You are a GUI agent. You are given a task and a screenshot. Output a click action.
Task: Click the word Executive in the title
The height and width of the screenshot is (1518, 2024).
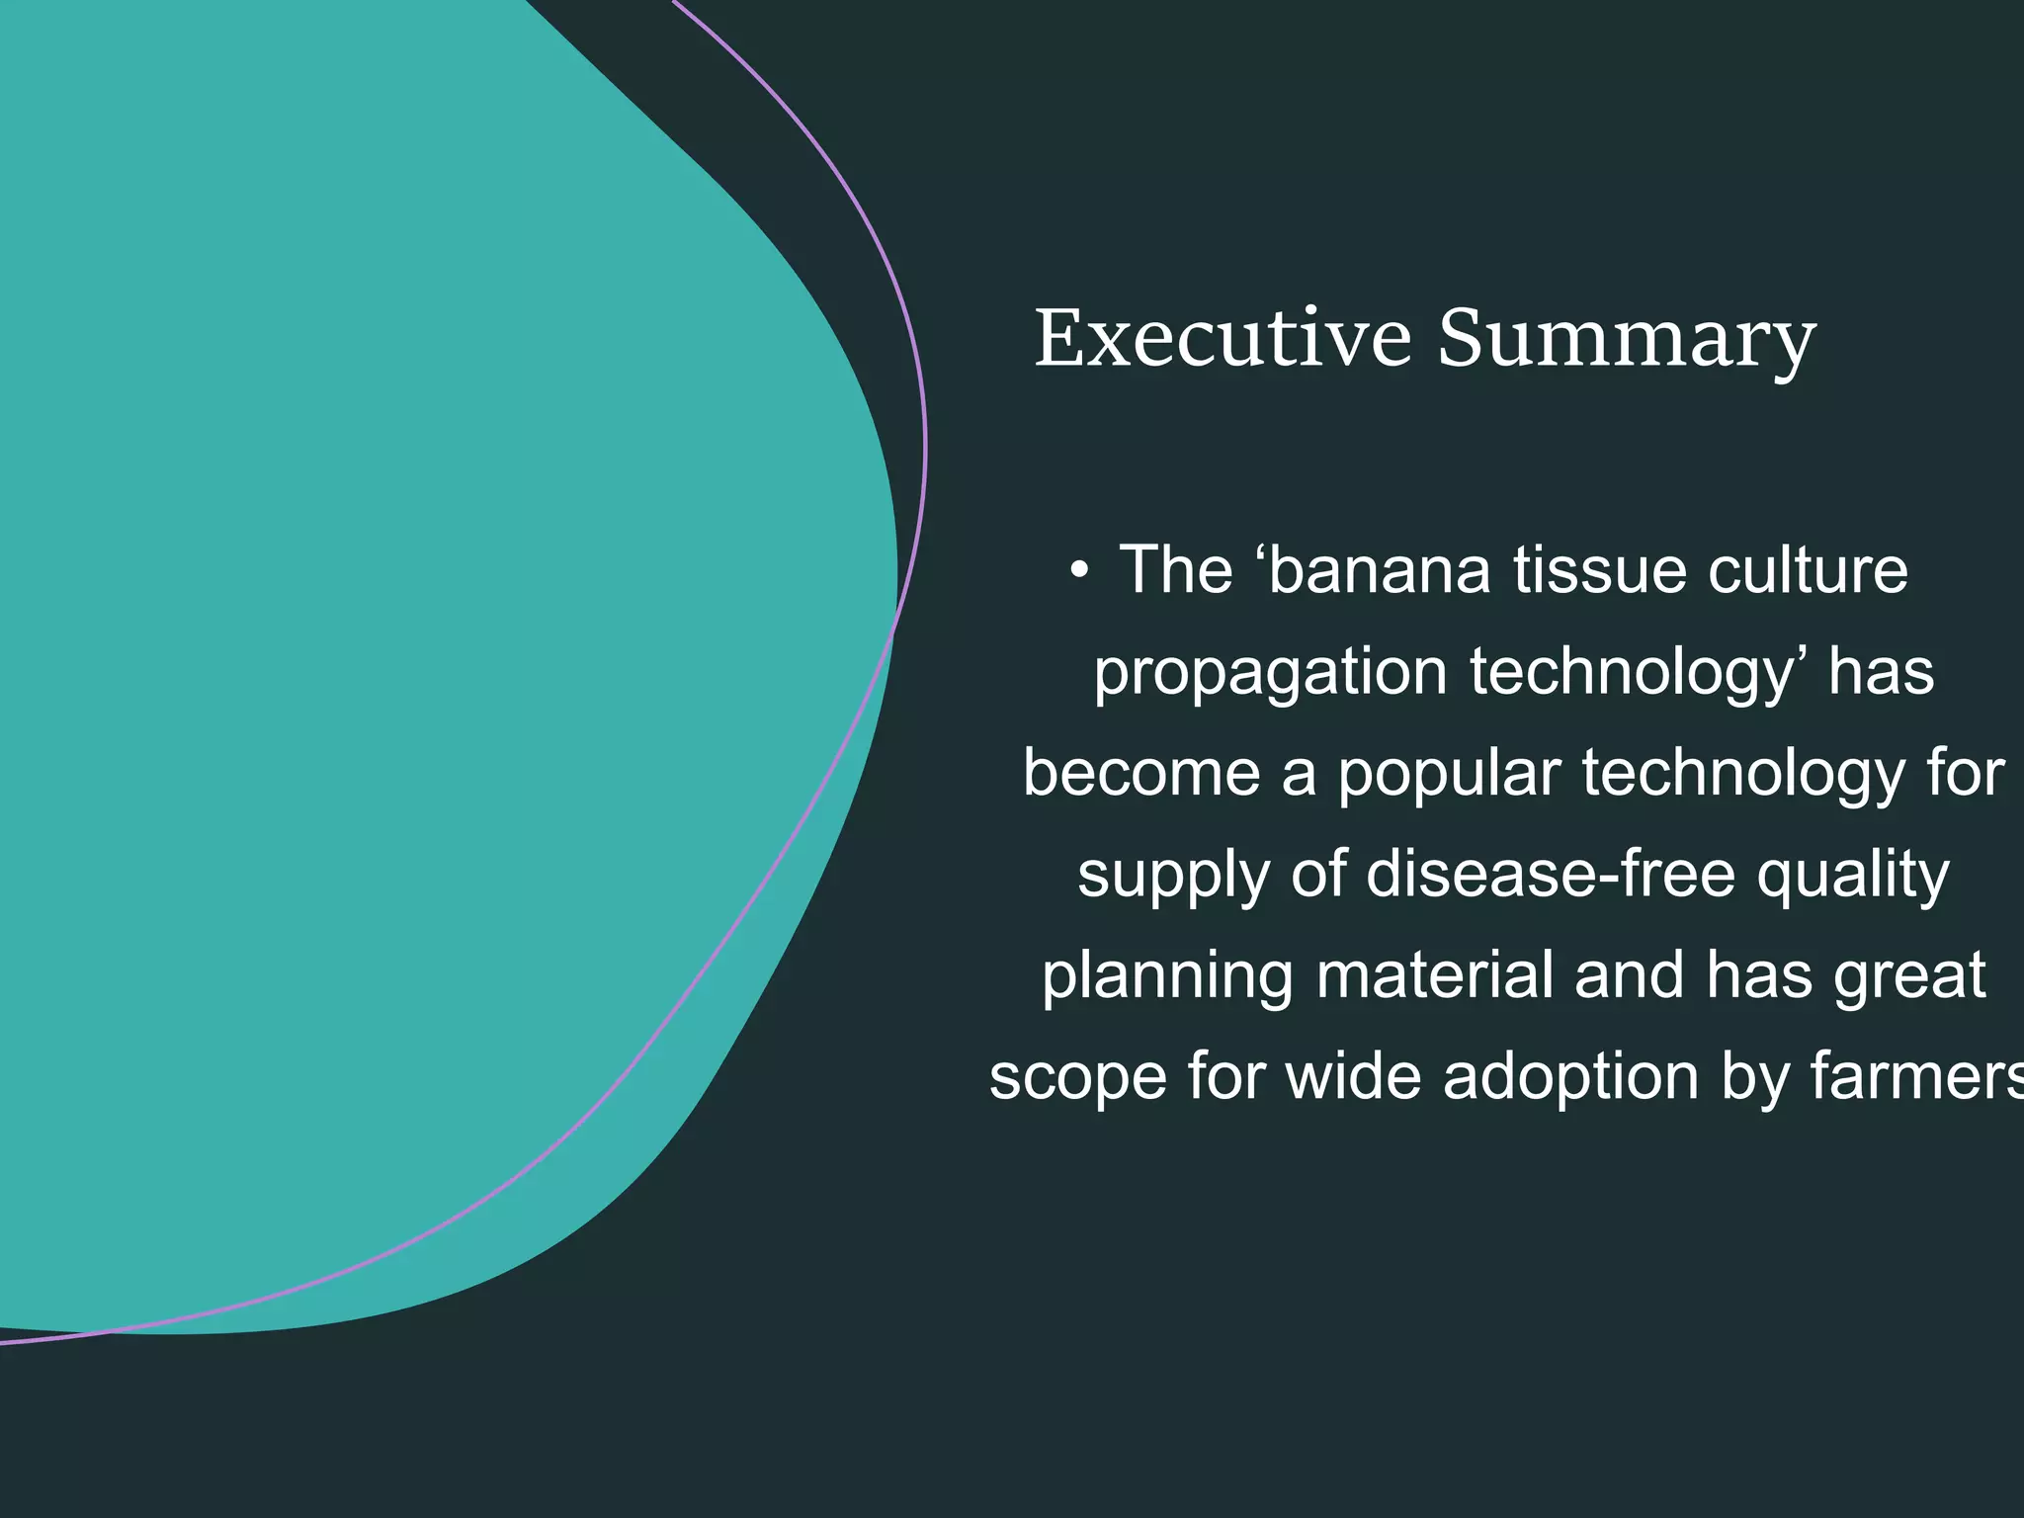tap(1223, 338)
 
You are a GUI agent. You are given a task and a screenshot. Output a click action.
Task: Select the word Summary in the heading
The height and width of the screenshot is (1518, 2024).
tap(1627, 342)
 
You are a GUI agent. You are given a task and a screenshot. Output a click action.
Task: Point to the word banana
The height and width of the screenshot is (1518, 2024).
tap(1379, 570)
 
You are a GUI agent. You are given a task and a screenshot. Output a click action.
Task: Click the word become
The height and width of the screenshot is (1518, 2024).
tap(1141, 772)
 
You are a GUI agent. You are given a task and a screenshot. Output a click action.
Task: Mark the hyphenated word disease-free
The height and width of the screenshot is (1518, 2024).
tap(1551, 873)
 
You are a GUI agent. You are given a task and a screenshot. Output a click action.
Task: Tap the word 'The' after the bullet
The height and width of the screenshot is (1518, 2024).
tap(1176, 570)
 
